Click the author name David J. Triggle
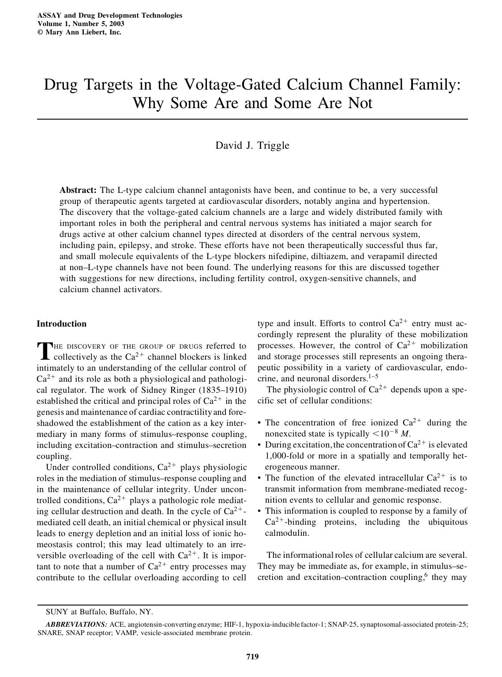(x=252, y=145)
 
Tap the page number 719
(x=252, y=656)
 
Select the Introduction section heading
(x=61, y=324)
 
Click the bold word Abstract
(x=78, y=190)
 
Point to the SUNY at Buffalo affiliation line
(x=99, y=612)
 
